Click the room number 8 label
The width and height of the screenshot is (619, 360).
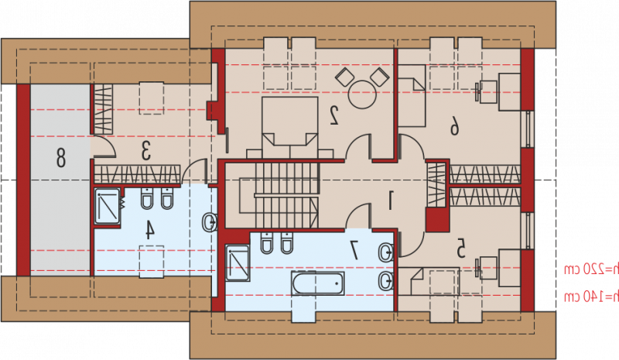pyautogui.click(x=60, y=157)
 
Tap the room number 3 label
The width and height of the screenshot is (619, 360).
pyautogui.click(x=146, y=150)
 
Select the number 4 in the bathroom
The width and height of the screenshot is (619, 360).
pyautogui.click(x=149, y=230)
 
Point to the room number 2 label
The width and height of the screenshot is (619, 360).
pyautogui.click(x=333, y=115)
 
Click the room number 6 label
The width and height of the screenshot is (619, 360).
pyautogui.click(x=454, y=127)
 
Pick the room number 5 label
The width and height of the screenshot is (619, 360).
pyautogui.click(x=460, y=249)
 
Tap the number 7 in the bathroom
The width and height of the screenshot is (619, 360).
pyautogui.click(x=354, y=250)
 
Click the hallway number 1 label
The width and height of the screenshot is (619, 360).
pyautogui.click(x=390, y=200)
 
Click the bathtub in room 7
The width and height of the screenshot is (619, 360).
pyautogui.click(x=318, y=283)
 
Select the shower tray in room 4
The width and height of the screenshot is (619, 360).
pyautogui.click(x=108, y=206)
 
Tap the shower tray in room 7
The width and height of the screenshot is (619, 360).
pyautogui.click(x=238, y=263)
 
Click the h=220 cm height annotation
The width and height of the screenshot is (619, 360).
pyautogui.click(x=591, y=270)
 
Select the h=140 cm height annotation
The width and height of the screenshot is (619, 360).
pyautogui.click(x=591, y=297)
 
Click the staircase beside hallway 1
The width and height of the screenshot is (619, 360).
pyautogui.click(x=287, y=195)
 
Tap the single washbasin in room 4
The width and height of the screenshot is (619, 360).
pyautogui.click(x=209, y=222)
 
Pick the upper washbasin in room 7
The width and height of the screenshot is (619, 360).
pyautogui.click(x=385, y=252)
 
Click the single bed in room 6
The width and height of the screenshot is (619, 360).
pyautogui.click(x=412, y=96)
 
